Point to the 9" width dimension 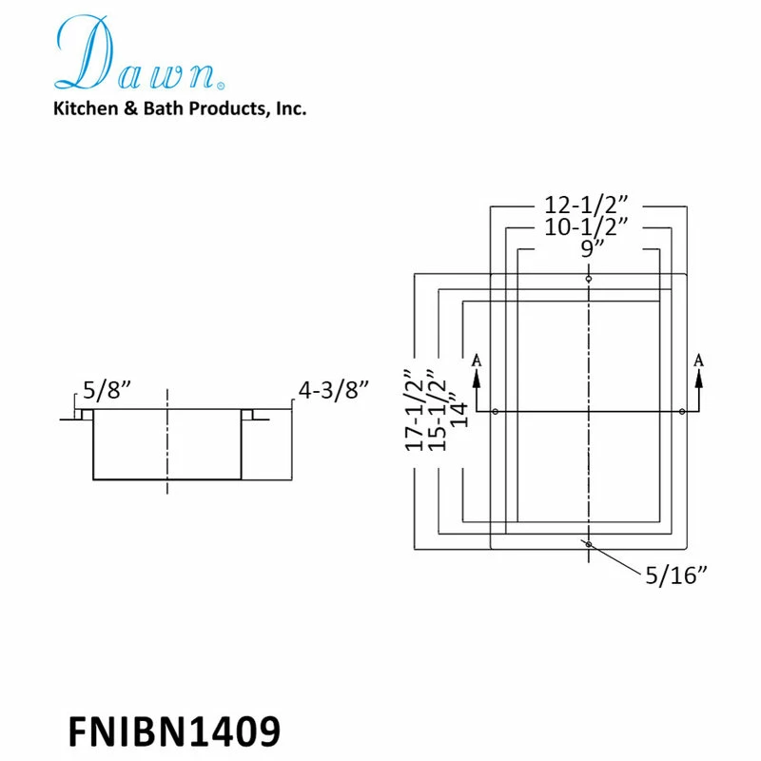[x=590, y=249]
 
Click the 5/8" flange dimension [x=106, y=389]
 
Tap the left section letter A [x=476, y=361]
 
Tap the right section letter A [x=699, y=360]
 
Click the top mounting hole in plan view [x=590, y=279]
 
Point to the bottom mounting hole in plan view [x=590, y=544]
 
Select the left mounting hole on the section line [x=497, y=411]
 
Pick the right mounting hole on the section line [x=683, y=411]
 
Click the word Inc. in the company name [x=291, y=109]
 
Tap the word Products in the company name [x=227, y=109]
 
